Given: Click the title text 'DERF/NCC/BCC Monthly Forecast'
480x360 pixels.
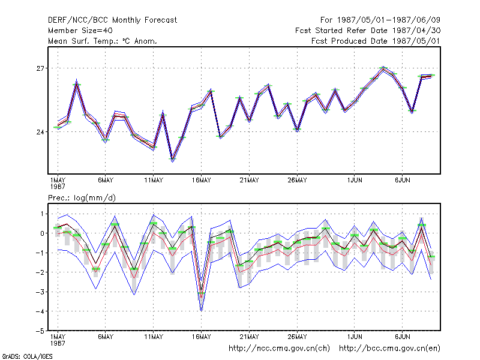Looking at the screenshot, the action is [112, 20].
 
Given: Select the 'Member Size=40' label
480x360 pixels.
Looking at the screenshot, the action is [80, 31].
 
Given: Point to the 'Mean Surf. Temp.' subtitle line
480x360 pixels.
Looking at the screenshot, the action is [103, 41].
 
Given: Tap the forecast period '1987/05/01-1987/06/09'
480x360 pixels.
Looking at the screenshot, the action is [388, 20].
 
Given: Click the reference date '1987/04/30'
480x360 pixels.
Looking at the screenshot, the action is [416, 31].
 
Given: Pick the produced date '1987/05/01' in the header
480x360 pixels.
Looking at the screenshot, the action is [416, 41].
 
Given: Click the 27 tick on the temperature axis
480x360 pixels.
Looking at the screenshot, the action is [40, 68].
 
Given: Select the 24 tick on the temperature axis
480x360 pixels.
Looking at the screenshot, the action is [40, 132].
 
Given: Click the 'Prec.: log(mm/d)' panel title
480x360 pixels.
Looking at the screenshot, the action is [82, 198].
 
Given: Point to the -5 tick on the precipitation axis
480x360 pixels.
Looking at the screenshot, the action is [40, 331].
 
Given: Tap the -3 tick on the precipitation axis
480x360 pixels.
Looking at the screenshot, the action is [40, 292].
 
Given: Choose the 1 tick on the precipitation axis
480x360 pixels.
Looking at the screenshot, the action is [42, 214].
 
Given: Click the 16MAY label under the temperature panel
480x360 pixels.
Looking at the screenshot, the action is [202, 181].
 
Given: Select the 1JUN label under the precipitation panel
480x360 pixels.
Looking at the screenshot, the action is [355, 337].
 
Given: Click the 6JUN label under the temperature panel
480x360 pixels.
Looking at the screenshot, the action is [402, 181].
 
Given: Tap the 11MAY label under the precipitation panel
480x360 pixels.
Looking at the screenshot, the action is [154, 337].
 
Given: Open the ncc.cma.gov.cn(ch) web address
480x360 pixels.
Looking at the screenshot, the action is [279, 349].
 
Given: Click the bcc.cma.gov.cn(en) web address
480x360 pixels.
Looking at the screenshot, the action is [389, 349].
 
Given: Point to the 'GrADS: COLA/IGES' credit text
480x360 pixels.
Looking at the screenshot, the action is [28, 356].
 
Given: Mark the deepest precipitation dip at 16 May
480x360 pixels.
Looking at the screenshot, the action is [201, 311].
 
